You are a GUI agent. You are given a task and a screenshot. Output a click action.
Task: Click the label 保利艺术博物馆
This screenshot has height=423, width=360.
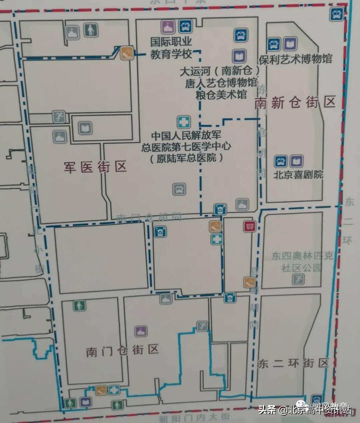[x=295, y=59]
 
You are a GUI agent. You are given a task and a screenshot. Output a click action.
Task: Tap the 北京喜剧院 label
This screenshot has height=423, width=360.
[x=298, y=174]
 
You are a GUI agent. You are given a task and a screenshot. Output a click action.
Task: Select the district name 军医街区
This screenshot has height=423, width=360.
[x=95, y=166]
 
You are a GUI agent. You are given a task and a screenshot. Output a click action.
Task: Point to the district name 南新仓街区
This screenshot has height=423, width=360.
[x=295, y=102]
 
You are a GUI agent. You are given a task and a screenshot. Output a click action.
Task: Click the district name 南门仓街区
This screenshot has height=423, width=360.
[x=122, y=351]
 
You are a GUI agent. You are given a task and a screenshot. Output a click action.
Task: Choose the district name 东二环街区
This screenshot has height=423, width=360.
[x=293, y=363]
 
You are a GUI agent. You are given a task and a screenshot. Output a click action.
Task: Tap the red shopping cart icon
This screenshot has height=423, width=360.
[x=249, y=227]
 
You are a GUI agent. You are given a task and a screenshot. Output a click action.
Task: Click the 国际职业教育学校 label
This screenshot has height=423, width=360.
[x=171, y=48]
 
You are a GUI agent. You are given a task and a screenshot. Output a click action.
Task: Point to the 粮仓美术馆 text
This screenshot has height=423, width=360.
[x=221, y=94]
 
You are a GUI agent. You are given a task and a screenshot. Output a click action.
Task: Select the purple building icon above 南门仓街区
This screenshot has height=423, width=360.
[x=140, y=331]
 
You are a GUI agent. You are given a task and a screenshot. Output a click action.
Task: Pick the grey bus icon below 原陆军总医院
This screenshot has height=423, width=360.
[x=179, y=189]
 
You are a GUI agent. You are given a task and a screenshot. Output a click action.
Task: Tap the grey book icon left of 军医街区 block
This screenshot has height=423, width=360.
[x=85, y=128]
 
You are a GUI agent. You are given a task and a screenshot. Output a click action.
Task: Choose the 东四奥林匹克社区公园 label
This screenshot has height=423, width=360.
[x=302, y=262]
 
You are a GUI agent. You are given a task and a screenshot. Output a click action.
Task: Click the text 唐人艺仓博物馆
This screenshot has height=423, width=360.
[x=221, y=83]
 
